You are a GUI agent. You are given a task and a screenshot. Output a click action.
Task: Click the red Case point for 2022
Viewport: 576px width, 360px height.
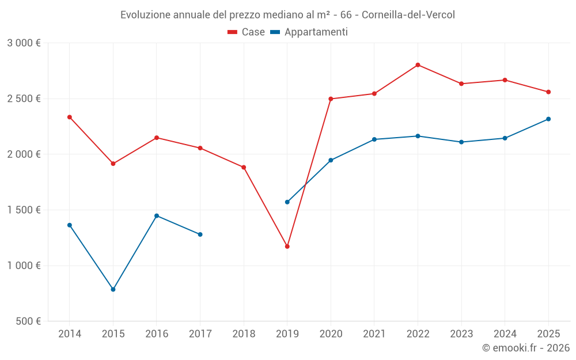click(x=418, y=65)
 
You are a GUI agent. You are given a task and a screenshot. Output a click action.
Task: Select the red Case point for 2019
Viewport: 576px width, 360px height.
click(x=287, y=247)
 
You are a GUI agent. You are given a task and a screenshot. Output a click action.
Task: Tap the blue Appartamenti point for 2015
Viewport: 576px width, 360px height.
click(x=113, y=290)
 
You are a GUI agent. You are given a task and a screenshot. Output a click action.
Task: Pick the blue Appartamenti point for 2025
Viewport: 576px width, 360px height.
click(x=548, y=119)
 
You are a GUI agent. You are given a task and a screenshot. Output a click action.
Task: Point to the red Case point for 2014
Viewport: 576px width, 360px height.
click(x=70, y=118)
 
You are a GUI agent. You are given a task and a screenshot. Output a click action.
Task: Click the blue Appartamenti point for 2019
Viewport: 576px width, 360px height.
click(x=287, y=202)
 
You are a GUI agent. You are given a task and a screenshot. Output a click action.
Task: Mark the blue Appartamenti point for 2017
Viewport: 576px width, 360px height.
click(x=200, y=234)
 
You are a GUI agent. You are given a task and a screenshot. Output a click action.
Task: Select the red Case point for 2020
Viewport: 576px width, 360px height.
click(x=331, y=99)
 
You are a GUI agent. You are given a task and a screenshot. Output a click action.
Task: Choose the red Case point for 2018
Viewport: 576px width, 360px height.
click(x=244, y=168)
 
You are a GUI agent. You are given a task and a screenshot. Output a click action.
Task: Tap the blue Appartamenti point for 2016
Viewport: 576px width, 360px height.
click(x=157, y=216)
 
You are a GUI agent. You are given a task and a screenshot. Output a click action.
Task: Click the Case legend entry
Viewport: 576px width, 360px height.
click(x=247, y=32)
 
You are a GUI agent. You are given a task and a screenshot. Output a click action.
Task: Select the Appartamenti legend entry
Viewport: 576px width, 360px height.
click(x=309, y=32)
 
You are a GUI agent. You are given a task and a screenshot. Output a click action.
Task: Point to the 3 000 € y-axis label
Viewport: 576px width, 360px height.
click(x=24, y=43)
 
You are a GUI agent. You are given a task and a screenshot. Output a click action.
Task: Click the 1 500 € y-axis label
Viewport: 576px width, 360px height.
click(x=24, y=210)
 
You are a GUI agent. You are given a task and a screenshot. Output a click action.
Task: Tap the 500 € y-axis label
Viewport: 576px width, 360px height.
click(x=27, y=321)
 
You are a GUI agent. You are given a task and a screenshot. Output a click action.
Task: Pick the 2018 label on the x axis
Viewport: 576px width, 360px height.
click(x=244, y=334)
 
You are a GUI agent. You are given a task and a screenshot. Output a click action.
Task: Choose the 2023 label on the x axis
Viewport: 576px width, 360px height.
click(x=461, y=334)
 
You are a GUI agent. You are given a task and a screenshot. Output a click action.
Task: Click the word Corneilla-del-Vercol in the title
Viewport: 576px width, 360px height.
click(x=408, y=15)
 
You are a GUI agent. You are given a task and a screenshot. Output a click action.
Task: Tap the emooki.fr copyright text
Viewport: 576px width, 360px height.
click(x=525, y=348)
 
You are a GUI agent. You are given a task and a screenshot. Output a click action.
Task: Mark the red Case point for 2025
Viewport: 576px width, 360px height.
click(x=548, y=92)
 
